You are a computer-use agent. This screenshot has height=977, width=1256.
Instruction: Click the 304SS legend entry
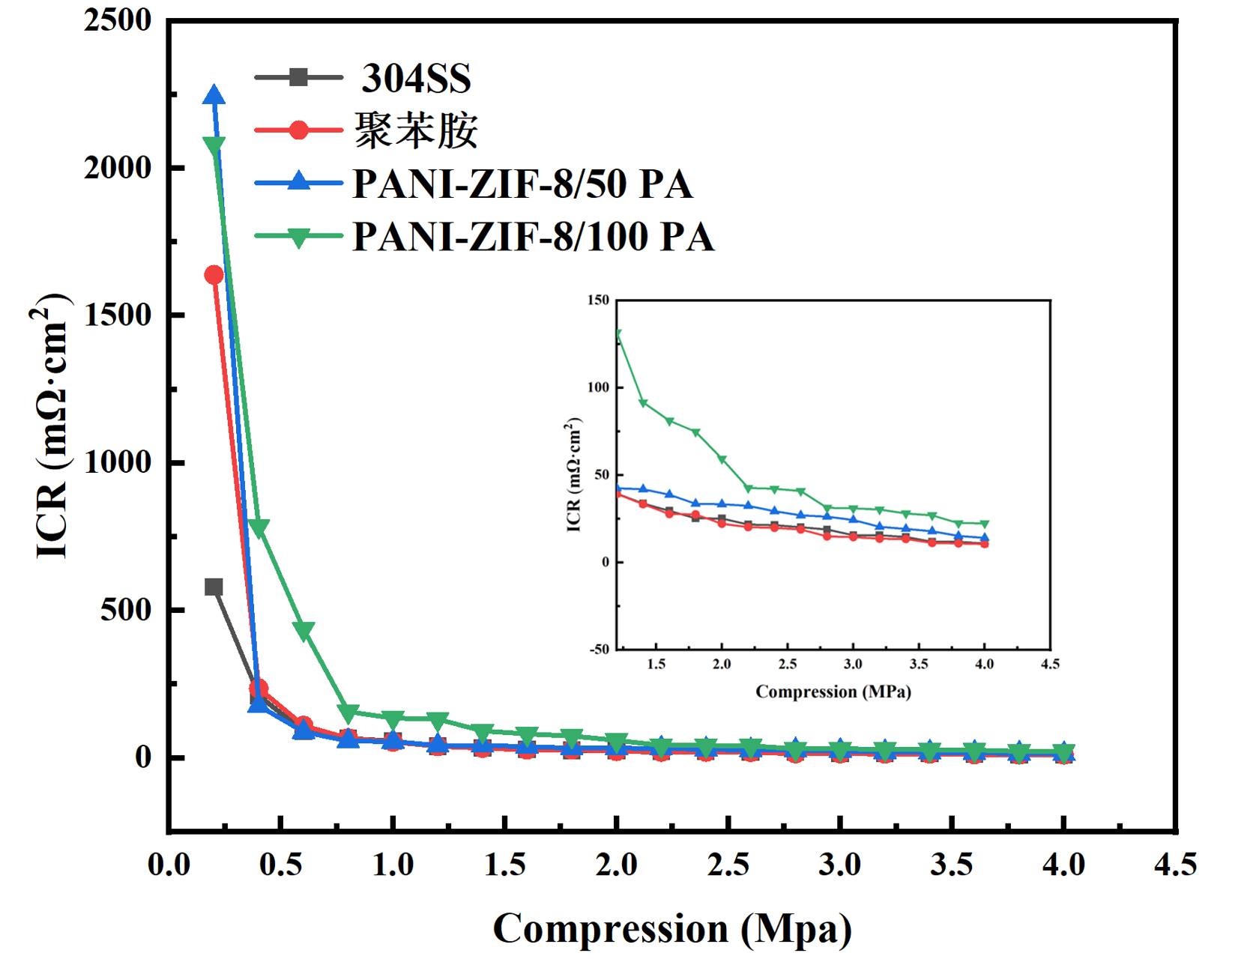416,78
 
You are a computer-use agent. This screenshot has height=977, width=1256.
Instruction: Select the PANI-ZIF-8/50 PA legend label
522,184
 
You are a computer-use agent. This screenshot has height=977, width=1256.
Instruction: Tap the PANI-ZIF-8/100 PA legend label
533,237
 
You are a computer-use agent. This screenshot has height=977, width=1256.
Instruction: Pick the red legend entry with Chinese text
416,130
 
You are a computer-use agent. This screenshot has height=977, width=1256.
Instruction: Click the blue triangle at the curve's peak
214,95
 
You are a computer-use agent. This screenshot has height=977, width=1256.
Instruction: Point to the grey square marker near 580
214,587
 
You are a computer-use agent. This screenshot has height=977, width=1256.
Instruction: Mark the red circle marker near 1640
214,275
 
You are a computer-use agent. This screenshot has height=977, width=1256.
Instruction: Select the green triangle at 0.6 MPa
304,631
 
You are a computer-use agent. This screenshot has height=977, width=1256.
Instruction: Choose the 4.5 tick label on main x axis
1175,865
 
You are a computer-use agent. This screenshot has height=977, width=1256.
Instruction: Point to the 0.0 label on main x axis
169,865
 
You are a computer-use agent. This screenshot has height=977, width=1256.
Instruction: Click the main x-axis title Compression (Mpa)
672,929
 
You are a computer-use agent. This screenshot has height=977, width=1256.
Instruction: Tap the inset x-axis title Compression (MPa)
833,692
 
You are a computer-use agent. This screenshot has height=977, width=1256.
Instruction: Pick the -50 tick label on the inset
600,649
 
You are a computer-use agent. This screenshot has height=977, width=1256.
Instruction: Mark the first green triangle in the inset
618,334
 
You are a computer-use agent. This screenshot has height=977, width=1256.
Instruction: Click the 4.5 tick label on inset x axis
1050,664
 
